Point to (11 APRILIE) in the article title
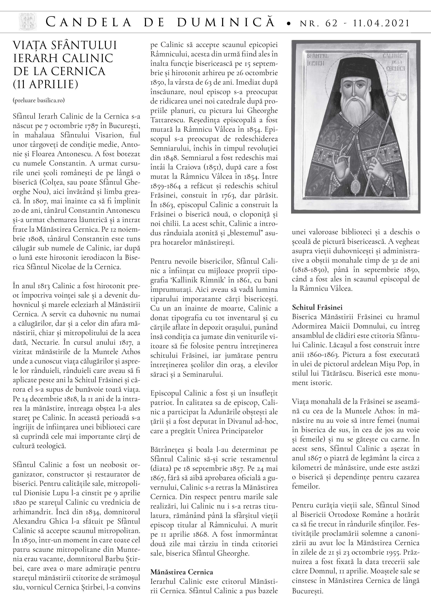46,84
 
